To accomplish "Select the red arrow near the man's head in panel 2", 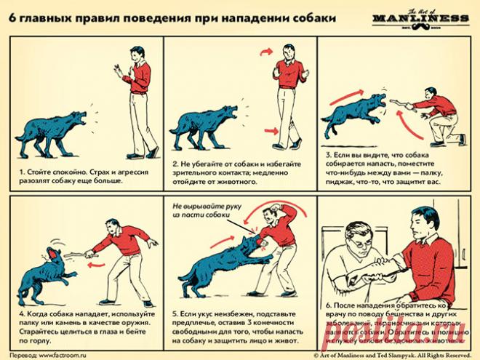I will point(266,50).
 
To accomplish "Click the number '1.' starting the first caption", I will point(21,172).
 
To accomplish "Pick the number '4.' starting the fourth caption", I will point(21,313).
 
